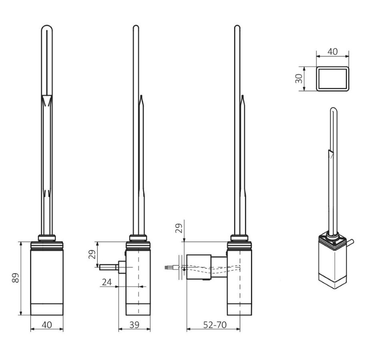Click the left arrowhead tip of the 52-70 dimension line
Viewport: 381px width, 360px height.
(x=186, y=329)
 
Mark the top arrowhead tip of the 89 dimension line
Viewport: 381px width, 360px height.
(x=21, y=242)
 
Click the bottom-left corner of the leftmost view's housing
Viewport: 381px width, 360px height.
(x=30, y=315)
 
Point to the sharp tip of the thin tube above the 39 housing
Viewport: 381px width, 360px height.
(x=141, y=95)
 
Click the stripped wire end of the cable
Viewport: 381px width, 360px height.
(x=166, y=268)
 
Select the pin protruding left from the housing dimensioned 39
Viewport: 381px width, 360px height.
(x=108, y=267)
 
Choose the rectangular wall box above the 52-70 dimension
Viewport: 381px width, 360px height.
(x=199, y=267)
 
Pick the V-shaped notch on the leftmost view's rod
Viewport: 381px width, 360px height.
(x=47, y=100)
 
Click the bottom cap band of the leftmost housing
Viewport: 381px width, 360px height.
(x=47, y=309)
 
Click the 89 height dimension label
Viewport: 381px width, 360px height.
(x=15, y=278)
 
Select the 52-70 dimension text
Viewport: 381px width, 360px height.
(x=215, y=324)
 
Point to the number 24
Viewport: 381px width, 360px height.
(x=107, y=282)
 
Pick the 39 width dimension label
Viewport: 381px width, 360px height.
(x=134, y=324)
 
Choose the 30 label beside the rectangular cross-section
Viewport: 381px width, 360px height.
(x=299, y=78)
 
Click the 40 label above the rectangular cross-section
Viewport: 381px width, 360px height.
(x=333, y=52)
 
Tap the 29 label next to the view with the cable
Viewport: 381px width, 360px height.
(x=179, y=228)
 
